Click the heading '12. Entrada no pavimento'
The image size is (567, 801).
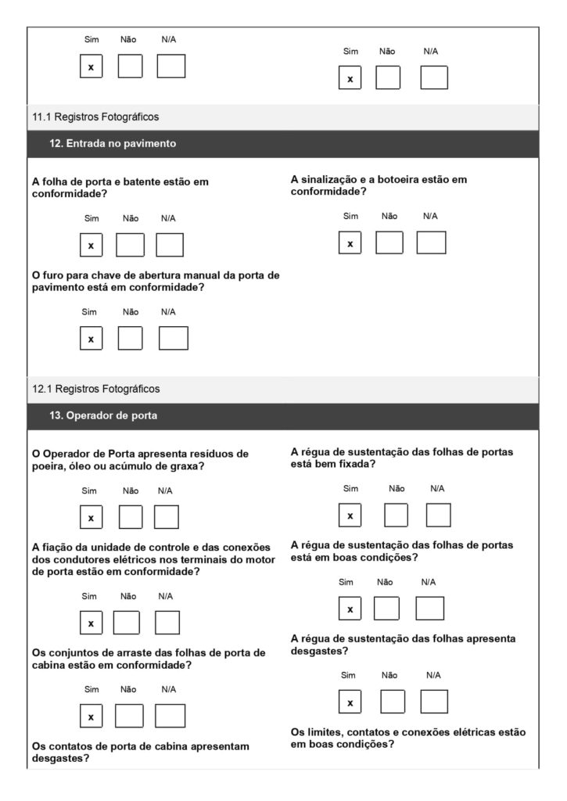pos(113,143)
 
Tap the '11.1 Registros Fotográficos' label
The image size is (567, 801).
pos(95,117)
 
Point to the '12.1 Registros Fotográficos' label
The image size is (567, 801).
pos(95,389)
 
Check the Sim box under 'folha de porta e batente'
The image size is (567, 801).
pos(91,246)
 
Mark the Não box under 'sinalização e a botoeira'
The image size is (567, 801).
pos(389,243)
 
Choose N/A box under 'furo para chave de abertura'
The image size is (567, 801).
pos(173,339)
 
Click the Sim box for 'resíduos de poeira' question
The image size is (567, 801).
pos(91,518)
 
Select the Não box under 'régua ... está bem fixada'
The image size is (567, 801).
pos(397,515)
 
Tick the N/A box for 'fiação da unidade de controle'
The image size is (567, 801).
pos(167,623)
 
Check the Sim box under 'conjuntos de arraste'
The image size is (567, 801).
pos(91,716)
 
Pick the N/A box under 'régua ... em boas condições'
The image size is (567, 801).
pos(429,609)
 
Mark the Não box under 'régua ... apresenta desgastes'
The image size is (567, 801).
pos(393,702)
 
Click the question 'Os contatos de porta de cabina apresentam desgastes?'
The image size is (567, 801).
pos(141,752)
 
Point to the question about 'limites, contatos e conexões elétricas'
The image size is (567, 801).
pos(407,738)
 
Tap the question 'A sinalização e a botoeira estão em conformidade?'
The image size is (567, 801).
pos(379,185)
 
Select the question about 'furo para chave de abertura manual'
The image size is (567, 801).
pos(156,281)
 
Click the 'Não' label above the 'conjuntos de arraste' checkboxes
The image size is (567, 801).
pos(130,689)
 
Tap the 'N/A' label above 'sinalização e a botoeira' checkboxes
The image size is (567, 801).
pos(430,216)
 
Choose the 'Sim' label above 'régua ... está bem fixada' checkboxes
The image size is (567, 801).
pos(350,488)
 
